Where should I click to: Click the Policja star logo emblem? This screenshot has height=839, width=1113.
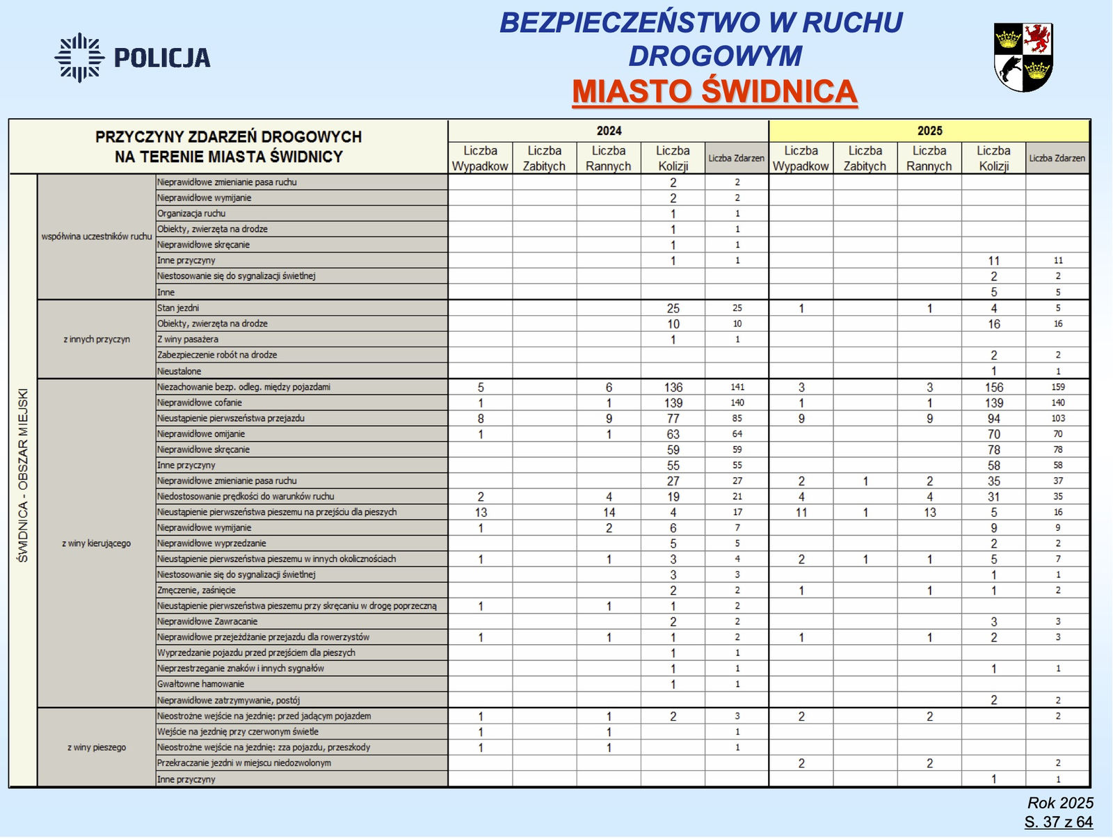pyautogui.click(x=79, y=57)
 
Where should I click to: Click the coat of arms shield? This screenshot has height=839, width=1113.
pyautogui.click(x=1023, y=56)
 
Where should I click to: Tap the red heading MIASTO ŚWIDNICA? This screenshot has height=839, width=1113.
pyautogui.click(x=714, y=92)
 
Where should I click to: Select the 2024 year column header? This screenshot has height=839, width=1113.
pyautogui.click(x=609, y=131)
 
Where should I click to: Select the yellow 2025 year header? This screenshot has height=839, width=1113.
pyautogui.click(x=929, y=131)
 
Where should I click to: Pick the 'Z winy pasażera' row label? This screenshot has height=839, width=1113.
pyautogui.click(x=188, y=339)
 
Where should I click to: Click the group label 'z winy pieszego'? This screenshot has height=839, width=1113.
pyautogui.click(x=97, y=747)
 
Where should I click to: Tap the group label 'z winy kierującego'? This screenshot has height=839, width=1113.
pyautogui.click(x=96, y=543)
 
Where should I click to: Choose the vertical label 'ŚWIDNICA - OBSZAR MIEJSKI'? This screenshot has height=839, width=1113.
pyautogui.click(x=23, y=475)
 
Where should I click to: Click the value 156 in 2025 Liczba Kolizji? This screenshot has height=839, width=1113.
pyautogui.click(x=993, y=387)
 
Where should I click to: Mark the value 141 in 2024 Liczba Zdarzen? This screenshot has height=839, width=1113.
pyautogui.click(x=737, y=387)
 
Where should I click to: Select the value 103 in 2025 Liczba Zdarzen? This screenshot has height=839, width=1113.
pyautogui.click(x=1057, y=418)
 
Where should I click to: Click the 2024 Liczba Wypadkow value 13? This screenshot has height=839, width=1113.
pyautogui.click(x=481, y=513)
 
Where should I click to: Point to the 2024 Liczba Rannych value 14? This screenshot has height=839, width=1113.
pyautogui.click(x=609, y=513)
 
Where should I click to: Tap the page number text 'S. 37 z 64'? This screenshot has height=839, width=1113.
pyautogui.click(x=1058, y=822)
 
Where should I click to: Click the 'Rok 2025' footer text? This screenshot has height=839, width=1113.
pyautogui.click(x=1060, y=803)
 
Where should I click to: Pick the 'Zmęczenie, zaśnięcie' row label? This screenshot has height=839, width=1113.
pyautogui.click(x=196, y=590)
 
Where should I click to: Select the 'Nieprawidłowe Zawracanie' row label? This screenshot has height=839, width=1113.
pyautogui.click(x=207, y=621)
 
